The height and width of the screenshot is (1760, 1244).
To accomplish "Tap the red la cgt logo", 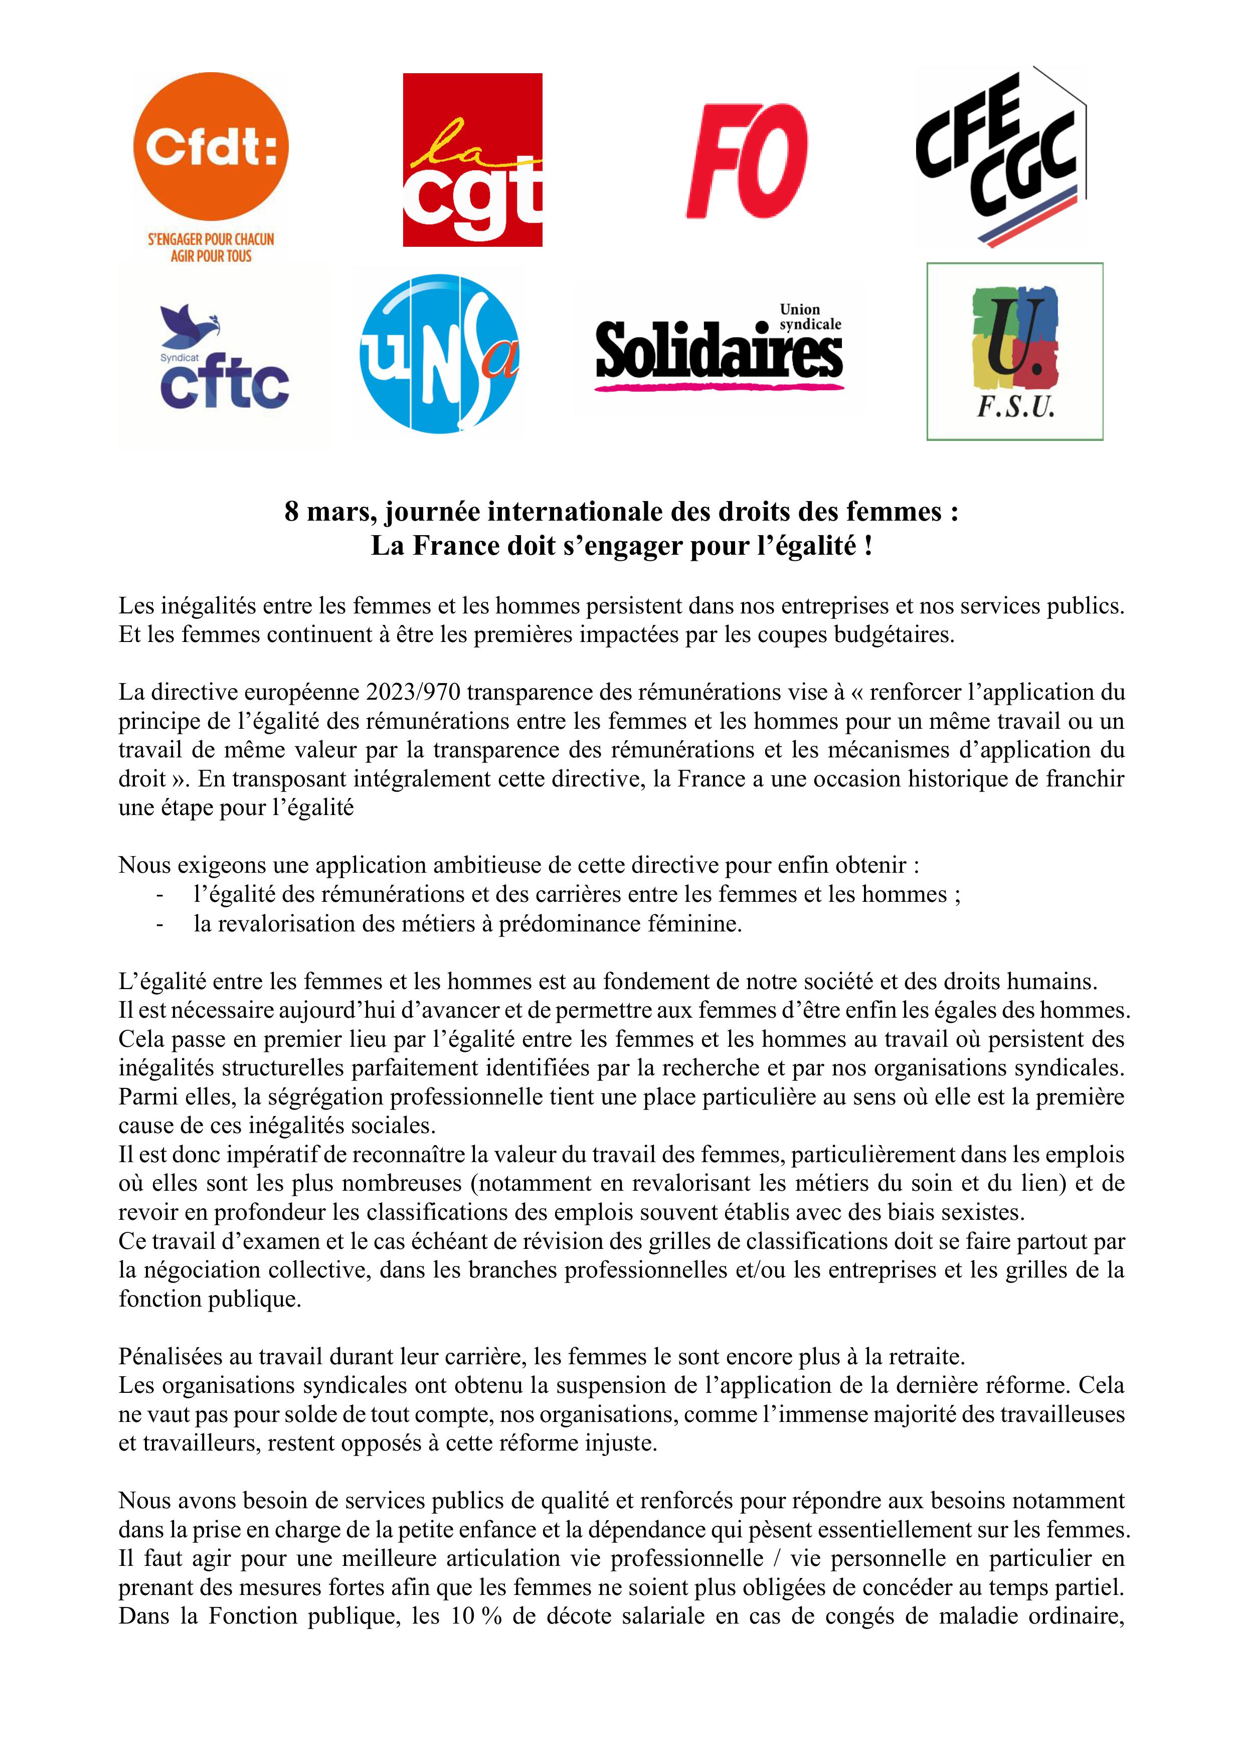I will click(x=472, y=160).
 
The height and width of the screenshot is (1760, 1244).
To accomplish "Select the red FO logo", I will click(x=746, y=160).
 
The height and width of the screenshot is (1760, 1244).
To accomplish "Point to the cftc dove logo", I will click(x=223, y=357).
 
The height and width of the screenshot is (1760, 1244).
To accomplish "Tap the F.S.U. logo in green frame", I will click(x=1014, y=351).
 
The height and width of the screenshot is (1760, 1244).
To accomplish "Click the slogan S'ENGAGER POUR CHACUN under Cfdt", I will click(x=211, y=239).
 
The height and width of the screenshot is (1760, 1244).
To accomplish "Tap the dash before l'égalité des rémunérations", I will click(x=159, y=895).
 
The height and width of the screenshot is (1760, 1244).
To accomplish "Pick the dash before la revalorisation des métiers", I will click(x=159, y=924).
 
